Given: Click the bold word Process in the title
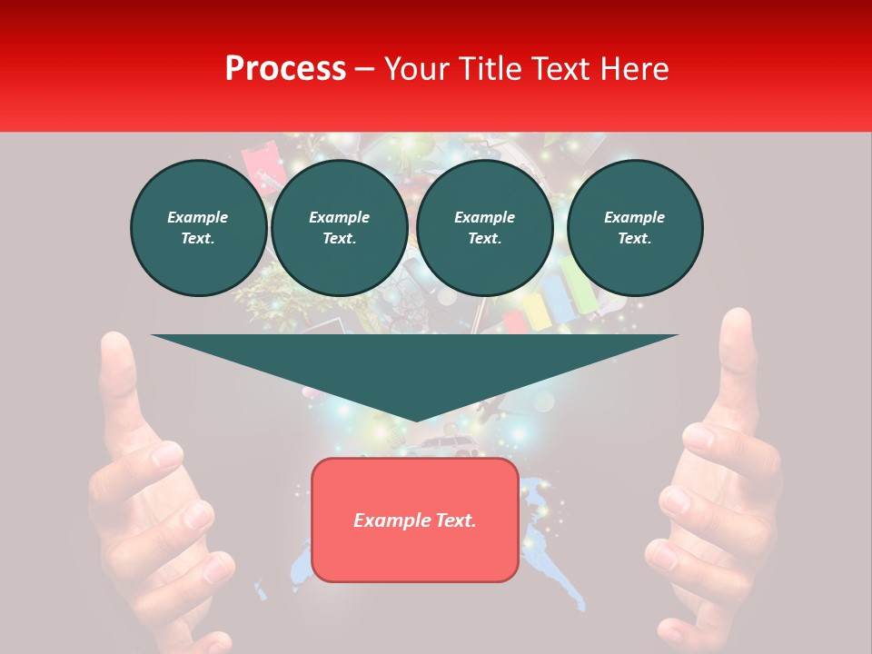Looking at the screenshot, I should click(285, 68).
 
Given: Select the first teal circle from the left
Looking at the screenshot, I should click(198, 227).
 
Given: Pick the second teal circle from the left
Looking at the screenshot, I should click(339, 227).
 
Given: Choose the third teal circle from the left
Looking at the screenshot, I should click(484, 227).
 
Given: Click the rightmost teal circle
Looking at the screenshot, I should click(634, 227).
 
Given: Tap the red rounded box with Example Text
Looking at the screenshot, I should click(414, 520).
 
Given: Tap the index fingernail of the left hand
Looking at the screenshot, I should click(166, 454).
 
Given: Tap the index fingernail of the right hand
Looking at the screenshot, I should click(698, 437).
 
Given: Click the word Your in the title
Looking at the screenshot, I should click(417, 68).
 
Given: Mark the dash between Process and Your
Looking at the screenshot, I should click(364, 69).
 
